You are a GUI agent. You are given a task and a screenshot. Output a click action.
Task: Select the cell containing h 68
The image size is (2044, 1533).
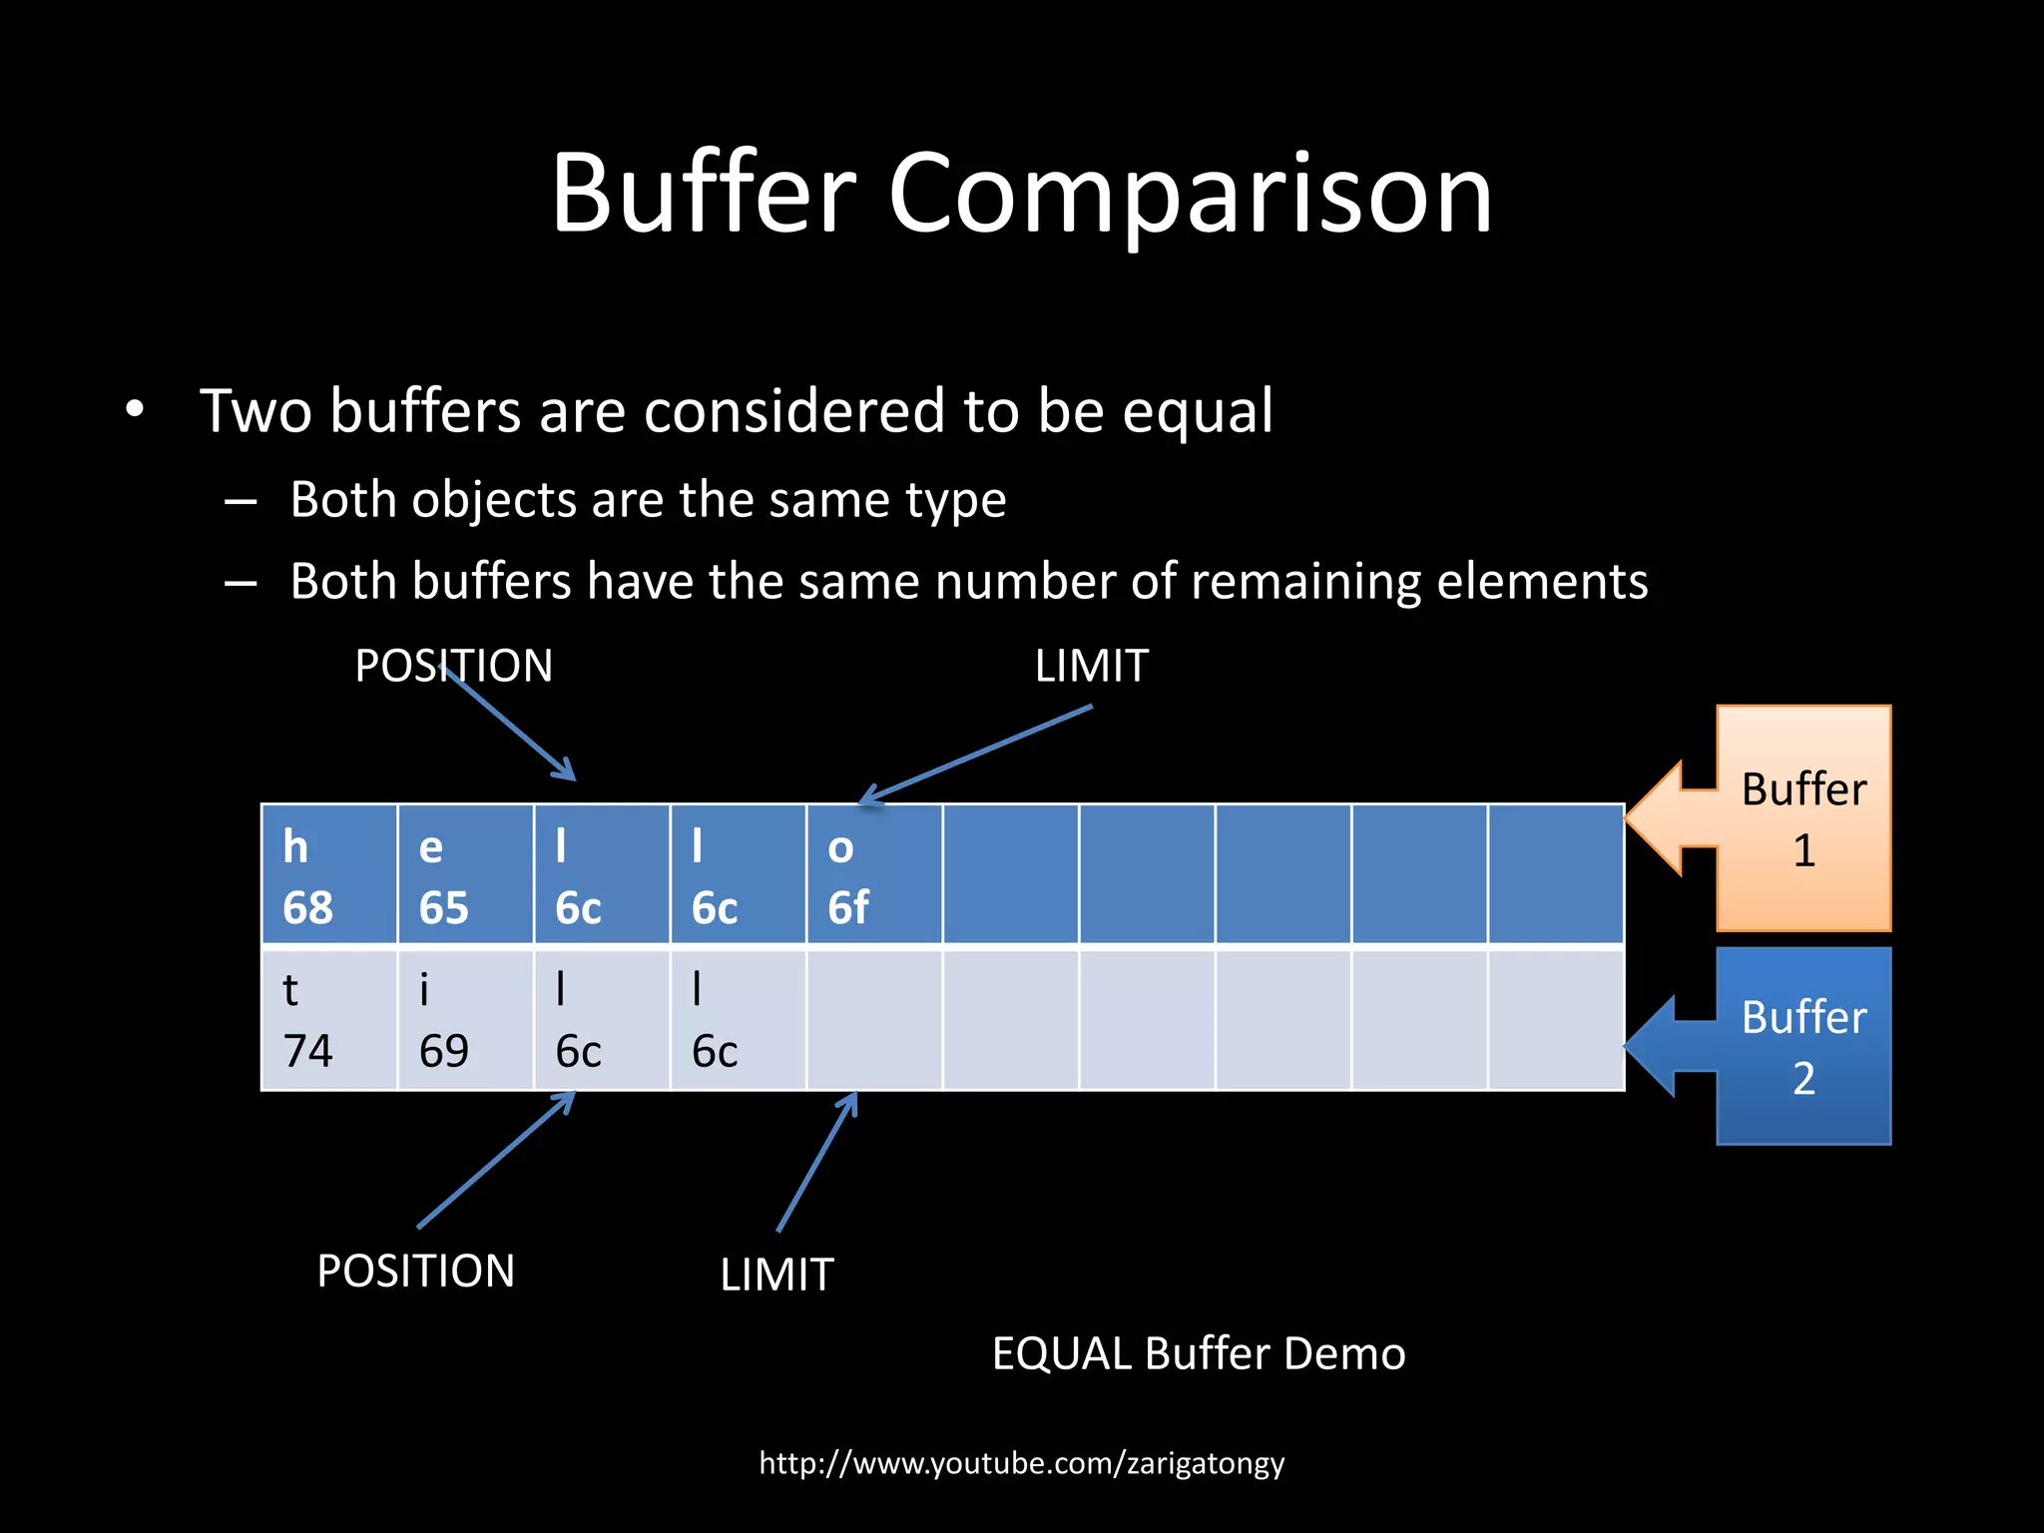[x=329, y=874]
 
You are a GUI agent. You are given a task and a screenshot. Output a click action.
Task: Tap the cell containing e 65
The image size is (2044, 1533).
[x=465, y=874]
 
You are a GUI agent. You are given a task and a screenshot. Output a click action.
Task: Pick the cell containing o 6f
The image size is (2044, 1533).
[x=874, y=874]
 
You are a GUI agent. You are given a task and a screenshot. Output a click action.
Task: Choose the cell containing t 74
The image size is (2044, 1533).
[x=329, y=1020]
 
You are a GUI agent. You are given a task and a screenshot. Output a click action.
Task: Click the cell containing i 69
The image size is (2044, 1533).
[x=465, y=1020]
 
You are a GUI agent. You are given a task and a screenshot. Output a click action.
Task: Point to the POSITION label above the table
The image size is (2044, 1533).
[x=454, y=666]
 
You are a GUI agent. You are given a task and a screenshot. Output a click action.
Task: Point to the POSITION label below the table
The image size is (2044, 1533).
[x=416, y=1272]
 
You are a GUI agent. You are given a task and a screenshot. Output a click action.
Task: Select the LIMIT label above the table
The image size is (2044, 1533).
[x=1092, y=666]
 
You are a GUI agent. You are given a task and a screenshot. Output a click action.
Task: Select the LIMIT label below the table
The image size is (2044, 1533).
[x=777, y=1276]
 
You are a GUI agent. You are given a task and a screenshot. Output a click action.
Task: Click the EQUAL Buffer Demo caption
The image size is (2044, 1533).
[x=1199, y=1354]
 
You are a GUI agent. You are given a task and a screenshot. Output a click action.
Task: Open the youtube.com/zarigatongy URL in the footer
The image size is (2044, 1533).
[x=1022, y=1463]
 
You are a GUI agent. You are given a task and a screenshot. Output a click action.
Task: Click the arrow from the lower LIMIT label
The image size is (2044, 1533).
[x=816, y=1163]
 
